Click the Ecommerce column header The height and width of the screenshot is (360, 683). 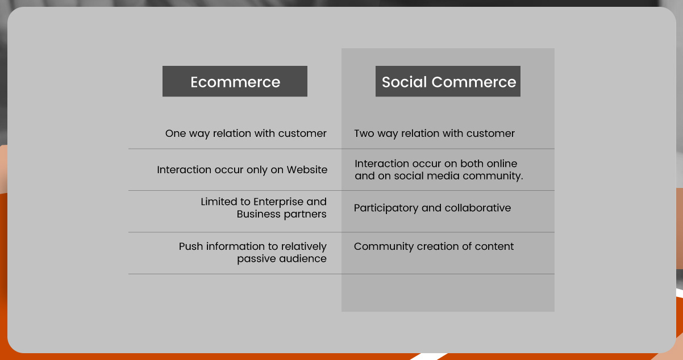click(x=235, y=82)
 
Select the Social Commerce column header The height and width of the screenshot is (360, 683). click(x=448, y=82)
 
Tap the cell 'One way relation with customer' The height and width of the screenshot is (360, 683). click(x=246, y=133)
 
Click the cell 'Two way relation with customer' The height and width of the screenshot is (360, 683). click(x=434, y=133)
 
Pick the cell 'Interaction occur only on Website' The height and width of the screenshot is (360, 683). click(x=242, y=170)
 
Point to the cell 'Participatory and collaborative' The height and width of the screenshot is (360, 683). click(x=432, y=208)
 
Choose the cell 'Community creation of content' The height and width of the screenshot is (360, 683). click(x=434, y=246)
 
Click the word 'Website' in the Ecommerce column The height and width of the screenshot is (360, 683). click(x=307, y=170)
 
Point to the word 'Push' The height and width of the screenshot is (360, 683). click(x=191, y=246)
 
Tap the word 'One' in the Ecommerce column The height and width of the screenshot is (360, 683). click(x=176, y=133)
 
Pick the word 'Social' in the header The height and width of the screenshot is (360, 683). click(x=404, y=82)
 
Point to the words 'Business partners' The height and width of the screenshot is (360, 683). click(x=282, y=214)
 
